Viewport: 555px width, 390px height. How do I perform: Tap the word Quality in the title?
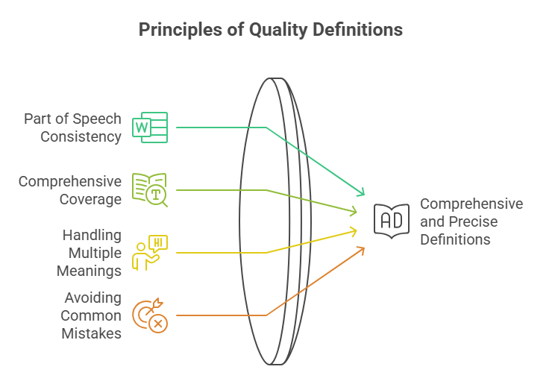(278, 30)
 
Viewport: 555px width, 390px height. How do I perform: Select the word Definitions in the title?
(358, 29)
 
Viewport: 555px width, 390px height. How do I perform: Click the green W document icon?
(150, 128)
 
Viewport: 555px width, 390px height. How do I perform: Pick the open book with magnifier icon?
(150, 190)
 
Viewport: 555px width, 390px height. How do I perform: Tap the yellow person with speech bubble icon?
(150, 253)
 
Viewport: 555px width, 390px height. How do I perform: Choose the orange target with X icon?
(150, 315)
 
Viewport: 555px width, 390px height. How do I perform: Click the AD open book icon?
(392, 221)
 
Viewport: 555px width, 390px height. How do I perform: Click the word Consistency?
(81, 137)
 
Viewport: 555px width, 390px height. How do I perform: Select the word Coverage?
(90, 199)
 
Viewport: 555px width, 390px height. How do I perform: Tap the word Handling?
(92, 236)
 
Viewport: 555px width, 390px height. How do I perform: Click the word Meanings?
(90, 271)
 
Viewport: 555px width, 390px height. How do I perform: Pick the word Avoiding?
(93, 298)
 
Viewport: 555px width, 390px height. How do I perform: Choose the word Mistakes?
(91, 334)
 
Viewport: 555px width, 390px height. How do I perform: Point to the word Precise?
(473, 222)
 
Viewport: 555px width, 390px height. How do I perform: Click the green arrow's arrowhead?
(362, 192)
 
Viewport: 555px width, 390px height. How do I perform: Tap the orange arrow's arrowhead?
(362, 250)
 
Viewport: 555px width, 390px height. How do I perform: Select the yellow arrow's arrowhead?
(354, 231)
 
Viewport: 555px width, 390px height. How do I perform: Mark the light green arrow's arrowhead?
(354, 211)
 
